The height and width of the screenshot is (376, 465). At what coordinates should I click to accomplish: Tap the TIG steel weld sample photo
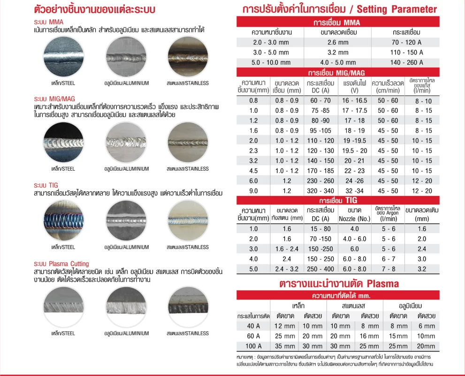(x=63, y=220)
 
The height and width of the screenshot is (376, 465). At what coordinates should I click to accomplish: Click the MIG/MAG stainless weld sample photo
(x=188, y=142)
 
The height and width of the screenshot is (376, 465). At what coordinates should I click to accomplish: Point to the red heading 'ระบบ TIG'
(x=46, y=185)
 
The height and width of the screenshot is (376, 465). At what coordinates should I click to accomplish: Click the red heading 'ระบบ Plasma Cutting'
(x=61, y=264)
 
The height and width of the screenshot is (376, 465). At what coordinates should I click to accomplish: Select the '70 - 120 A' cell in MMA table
(x=406, y=42)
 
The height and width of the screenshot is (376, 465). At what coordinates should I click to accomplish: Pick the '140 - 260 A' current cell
(x=406, y=62)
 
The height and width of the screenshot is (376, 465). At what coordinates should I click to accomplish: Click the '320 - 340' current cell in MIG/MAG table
(x=321, y=191)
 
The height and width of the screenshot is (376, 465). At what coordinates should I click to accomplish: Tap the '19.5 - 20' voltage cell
(x=355, y=151)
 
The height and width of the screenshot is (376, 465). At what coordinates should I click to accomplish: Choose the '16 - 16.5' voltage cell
(x=355, y=101)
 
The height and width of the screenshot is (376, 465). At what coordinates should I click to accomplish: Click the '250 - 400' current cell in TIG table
(x=321, y=269)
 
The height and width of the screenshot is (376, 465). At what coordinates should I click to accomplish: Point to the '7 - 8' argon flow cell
(x=389, y=269)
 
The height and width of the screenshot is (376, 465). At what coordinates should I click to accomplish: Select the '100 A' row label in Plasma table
(x=253, y=346)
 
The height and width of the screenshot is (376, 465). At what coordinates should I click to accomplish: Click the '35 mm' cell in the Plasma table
(x=285, y=346)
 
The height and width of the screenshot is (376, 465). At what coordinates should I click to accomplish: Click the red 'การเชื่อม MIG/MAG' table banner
(x=336, y=73)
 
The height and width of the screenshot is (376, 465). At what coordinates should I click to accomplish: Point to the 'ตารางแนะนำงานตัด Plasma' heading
(x=339, y=283)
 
